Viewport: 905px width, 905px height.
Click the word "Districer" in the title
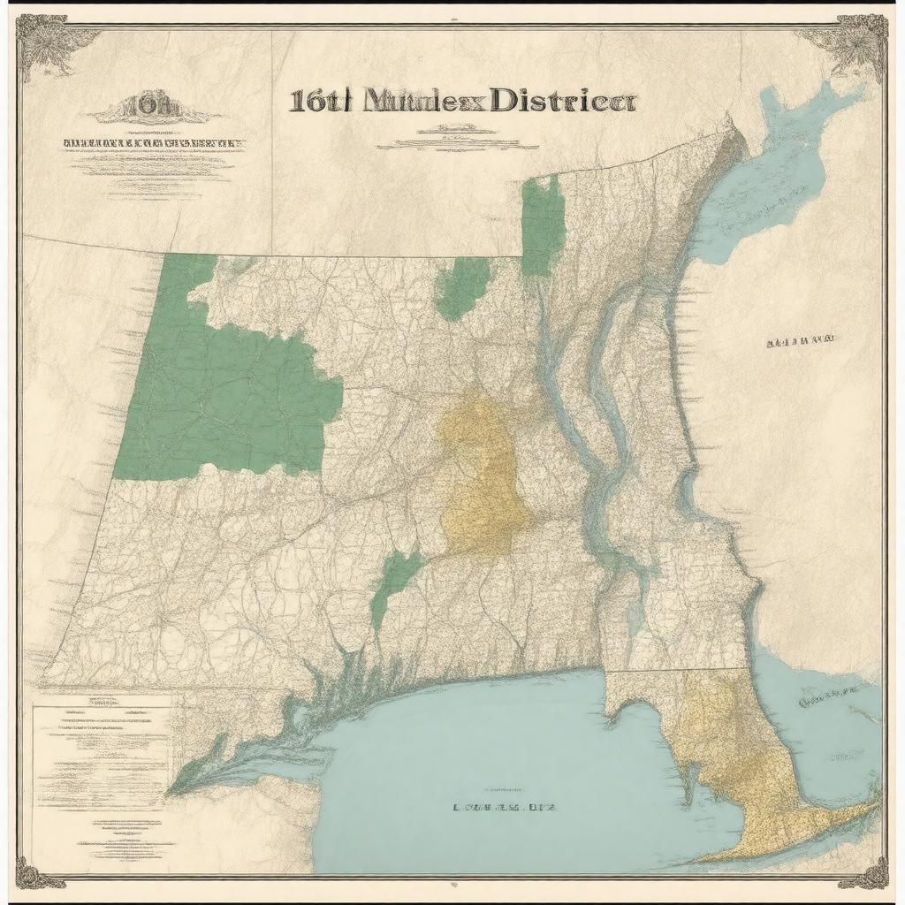click(x=562, y=101)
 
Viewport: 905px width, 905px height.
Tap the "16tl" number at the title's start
click(x=320, y=101)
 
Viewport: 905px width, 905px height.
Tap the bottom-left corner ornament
click(x=40, y=875)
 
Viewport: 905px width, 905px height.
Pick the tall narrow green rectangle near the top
click(x=543, y=224)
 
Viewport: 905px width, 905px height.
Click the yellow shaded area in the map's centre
click(x=482, y=477)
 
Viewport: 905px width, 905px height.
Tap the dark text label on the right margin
click(x=801, y=339)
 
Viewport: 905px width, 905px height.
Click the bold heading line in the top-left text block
click(x=152, y=141)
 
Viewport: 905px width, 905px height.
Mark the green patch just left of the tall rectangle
click(x=461, y=287)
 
